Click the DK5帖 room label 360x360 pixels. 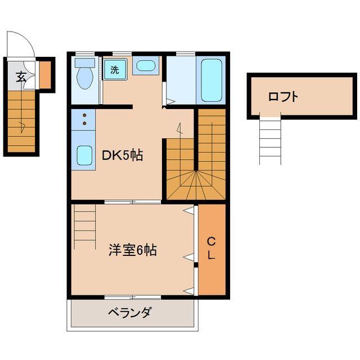[x=122, y=155]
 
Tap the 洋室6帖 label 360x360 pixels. [x=133, y=250]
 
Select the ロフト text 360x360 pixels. [x=283, y=97]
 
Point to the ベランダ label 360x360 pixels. [x=130, y=313]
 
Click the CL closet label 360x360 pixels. [x=211, y=248]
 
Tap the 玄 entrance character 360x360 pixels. [x=21, y=77]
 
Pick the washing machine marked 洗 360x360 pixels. [x=115, y=69]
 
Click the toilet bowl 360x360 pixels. [x=85, y=78]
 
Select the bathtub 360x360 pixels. [x=211, y=80]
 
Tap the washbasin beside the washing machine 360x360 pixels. [x=146, y=65]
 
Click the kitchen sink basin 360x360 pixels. [x=84, y=155]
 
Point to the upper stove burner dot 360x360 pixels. [x=84, y=115]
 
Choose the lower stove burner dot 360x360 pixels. [x=84, y=123]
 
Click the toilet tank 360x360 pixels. [x=85, y=62]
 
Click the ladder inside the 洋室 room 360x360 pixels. [x=84, y=227]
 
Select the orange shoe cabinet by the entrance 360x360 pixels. [x=45, y=75]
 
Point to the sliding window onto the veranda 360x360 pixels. [x=133, y=298]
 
